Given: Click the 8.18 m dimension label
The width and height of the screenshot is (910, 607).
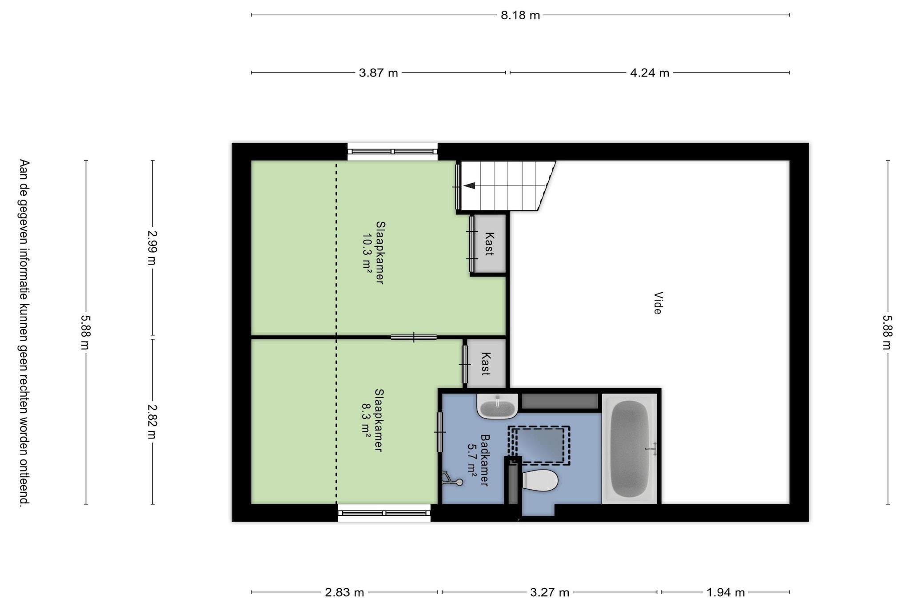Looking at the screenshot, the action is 520,15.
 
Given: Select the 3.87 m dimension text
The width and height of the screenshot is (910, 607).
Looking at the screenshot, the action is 378,73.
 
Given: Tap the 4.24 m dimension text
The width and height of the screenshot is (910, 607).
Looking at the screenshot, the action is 650,73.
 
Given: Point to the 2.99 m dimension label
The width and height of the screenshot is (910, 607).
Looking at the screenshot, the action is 152,248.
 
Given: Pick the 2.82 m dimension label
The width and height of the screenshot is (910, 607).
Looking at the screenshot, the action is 152,421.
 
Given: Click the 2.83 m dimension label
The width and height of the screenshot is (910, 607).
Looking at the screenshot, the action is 344,592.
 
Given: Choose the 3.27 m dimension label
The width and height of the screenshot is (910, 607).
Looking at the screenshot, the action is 550,592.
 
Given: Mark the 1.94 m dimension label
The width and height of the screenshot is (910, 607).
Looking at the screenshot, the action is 726,592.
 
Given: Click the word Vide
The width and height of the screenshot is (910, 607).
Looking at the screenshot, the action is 658,303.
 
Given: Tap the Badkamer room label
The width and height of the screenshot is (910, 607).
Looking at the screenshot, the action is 485,460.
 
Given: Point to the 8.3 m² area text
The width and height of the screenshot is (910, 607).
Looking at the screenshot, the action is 366,420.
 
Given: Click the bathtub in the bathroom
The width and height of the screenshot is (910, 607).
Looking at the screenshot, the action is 630,449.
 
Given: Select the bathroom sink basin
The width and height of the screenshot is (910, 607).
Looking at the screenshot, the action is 498,406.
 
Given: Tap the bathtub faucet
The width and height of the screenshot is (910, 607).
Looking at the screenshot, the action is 652,449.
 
